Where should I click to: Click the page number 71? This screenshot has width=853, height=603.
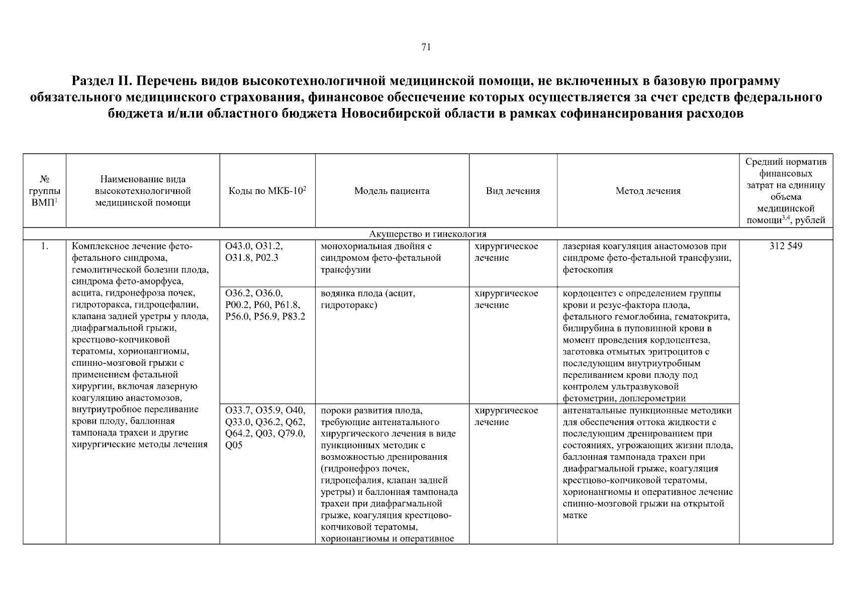426,47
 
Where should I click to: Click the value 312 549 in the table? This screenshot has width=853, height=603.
786,246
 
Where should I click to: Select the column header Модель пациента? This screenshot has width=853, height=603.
392,191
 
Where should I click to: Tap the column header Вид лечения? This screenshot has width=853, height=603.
513,191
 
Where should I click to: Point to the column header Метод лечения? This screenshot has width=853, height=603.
648,191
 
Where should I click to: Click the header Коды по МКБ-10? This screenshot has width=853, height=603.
267,191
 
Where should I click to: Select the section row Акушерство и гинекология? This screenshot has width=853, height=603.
428,234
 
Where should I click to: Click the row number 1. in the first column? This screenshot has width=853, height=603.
45,246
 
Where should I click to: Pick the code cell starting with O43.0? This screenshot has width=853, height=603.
254,252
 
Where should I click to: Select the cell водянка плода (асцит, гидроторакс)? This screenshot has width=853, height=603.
368,299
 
